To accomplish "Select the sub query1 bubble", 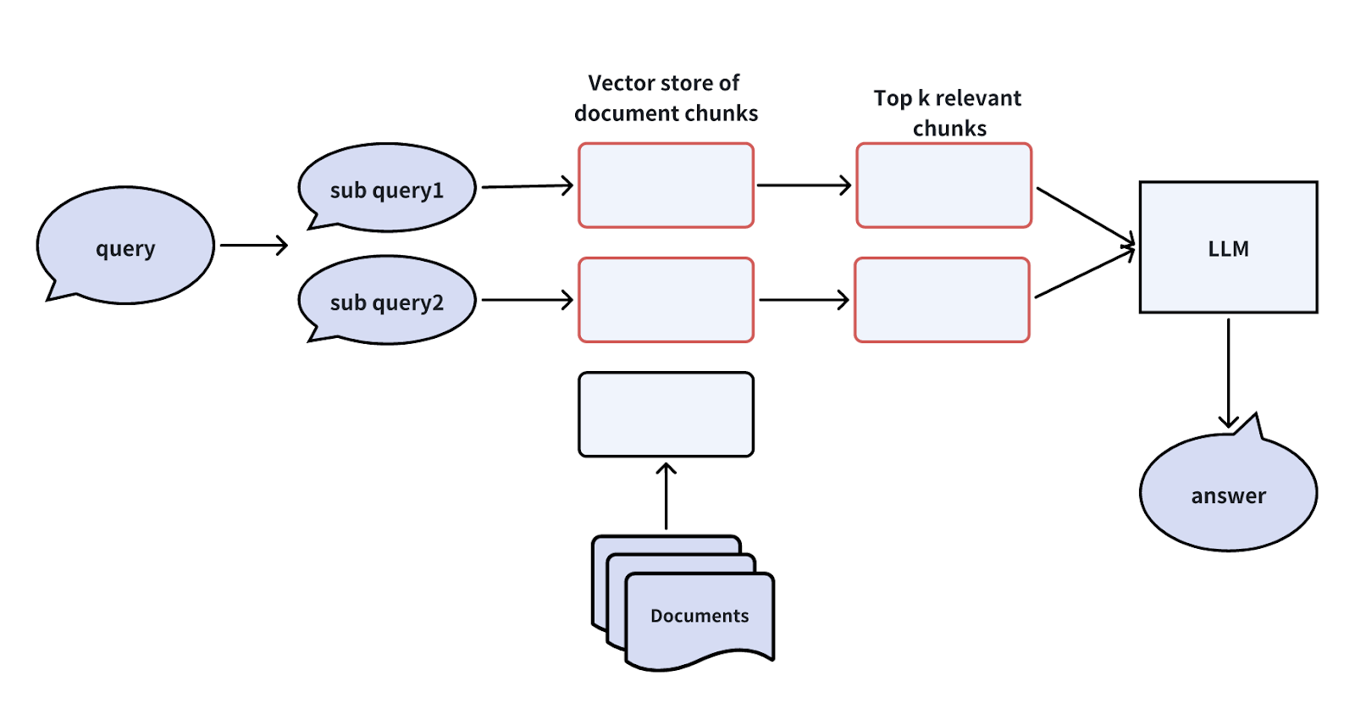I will click(387, 188).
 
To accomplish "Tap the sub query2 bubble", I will click(387, 301).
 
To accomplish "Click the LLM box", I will click(1228, 247).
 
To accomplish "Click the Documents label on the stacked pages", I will click(700, 616).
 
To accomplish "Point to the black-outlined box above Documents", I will click(666, 414).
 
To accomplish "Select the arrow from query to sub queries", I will click(254, 246).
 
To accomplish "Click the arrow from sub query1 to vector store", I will click(527, 186).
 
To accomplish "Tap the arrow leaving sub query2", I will click(527, 300).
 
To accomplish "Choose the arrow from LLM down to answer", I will click(1228, 373).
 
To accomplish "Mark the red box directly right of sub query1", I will click(666, 186).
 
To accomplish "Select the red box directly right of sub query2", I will click(666, 300).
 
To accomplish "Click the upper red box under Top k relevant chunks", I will click(943, 186).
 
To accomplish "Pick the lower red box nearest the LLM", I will click(942, 300).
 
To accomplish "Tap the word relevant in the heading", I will click(978, 98).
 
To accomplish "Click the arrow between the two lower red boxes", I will click(804, 300).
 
